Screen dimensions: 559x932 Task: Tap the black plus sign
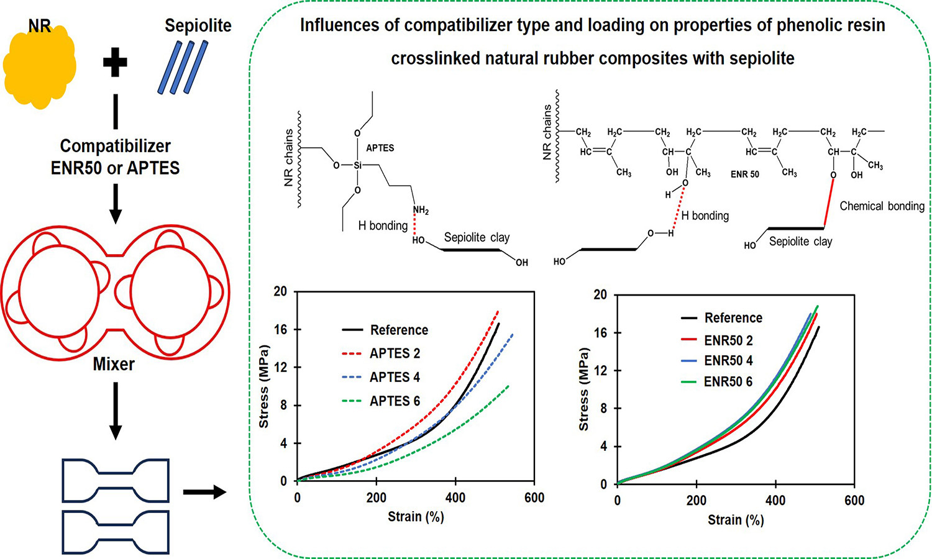pos(115,63)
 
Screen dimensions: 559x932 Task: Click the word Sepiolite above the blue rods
pos(198,25)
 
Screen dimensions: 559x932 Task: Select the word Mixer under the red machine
pos(114,364)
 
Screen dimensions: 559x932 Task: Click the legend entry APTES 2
pos(395,353)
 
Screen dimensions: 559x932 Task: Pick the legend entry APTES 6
pos(395,401)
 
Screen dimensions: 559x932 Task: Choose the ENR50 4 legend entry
pos(728,361)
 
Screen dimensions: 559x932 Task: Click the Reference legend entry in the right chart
pos(733,318)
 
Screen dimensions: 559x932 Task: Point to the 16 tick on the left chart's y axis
pos(281,329)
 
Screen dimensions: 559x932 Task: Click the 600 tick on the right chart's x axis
pos(854,501)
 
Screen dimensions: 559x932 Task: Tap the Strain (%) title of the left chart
pos(416,517)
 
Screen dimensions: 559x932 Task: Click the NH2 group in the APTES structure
pos(421,211)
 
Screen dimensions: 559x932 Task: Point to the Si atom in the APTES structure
pos(357,165)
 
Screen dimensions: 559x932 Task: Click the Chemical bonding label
pos(882,206)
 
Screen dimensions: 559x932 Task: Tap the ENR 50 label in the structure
pos(745,175)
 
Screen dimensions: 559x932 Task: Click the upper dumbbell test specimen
pos(116,480)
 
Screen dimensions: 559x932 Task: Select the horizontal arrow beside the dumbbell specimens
pos(204,493)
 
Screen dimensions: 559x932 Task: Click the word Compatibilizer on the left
pos(115,146)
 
